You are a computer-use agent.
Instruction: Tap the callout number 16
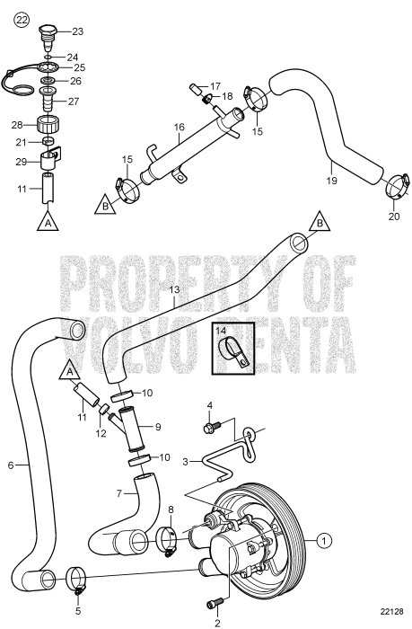coord(180,128)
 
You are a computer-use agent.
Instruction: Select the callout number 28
coord(17,123)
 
